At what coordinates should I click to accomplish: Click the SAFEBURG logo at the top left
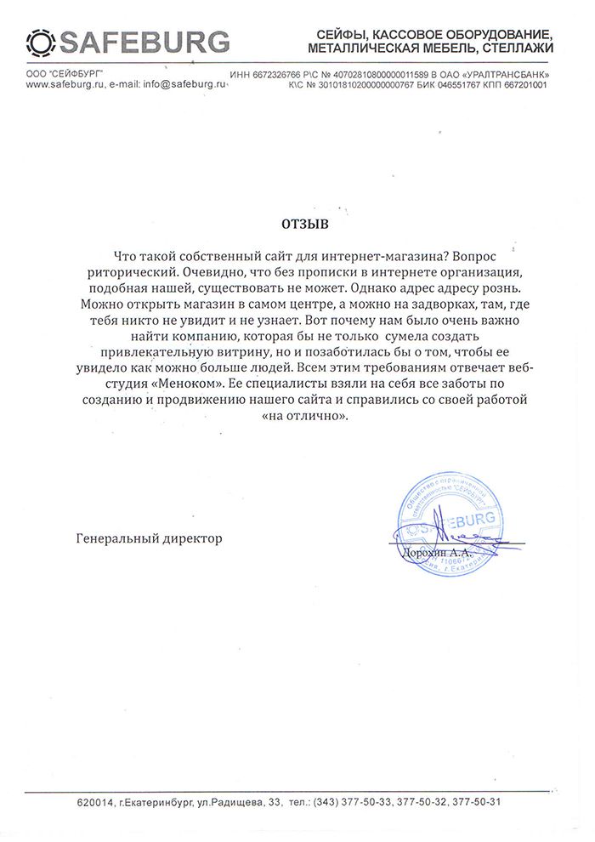click(x=127, y=40)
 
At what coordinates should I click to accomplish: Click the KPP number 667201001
click(x=528, y=86)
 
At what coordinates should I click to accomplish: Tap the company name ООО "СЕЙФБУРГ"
click(x=62, y=75)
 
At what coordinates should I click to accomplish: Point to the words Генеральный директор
click(x=149, y=539)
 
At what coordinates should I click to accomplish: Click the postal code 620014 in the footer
click(x=93, y=802)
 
